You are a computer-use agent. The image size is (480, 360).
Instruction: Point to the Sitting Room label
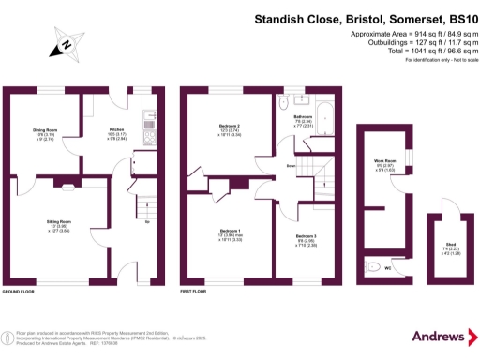tap(60, 222)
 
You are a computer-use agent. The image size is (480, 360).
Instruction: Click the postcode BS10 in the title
tap(458, 17)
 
